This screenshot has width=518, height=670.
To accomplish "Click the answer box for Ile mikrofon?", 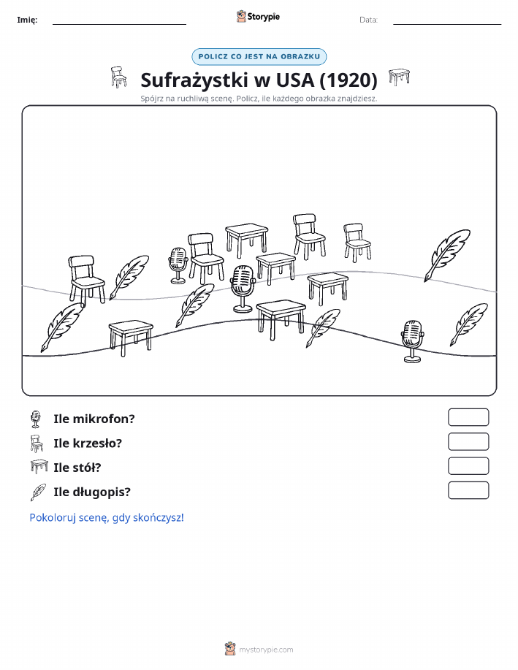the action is point(468,417).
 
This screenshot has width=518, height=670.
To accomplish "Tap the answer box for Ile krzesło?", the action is point(468,442).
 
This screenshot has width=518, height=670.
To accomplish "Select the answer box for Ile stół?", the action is point(468,466).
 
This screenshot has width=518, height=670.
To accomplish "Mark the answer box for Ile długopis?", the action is point(468,490).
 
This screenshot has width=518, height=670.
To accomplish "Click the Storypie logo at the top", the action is point(258,17).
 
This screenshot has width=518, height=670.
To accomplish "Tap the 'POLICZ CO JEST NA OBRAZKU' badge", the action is point(259,56).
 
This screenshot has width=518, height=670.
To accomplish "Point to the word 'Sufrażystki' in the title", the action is point(194,80).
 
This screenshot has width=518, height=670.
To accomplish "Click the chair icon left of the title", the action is point(118,77).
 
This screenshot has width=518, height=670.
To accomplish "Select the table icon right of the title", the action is point(399,77).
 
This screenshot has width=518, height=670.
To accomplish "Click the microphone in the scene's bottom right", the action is point(413,341).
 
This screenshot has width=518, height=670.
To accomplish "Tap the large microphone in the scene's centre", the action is point(243,289).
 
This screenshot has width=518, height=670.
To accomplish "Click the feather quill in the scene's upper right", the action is point(447,255).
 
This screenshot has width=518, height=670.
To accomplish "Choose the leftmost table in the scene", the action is point(130,338).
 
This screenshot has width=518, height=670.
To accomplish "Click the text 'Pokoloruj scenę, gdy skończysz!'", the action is point(107,517).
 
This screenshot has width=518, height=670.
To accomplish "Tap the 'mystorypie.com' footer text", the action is point(266,650).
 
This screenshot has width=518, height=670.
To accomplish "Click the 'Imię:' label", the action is point(27,20).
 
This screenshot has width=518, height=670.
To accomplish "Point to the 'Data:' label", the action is point(368,20).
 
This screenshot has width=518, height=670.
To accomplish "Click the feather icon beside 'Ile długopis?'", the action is point(38,492).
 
